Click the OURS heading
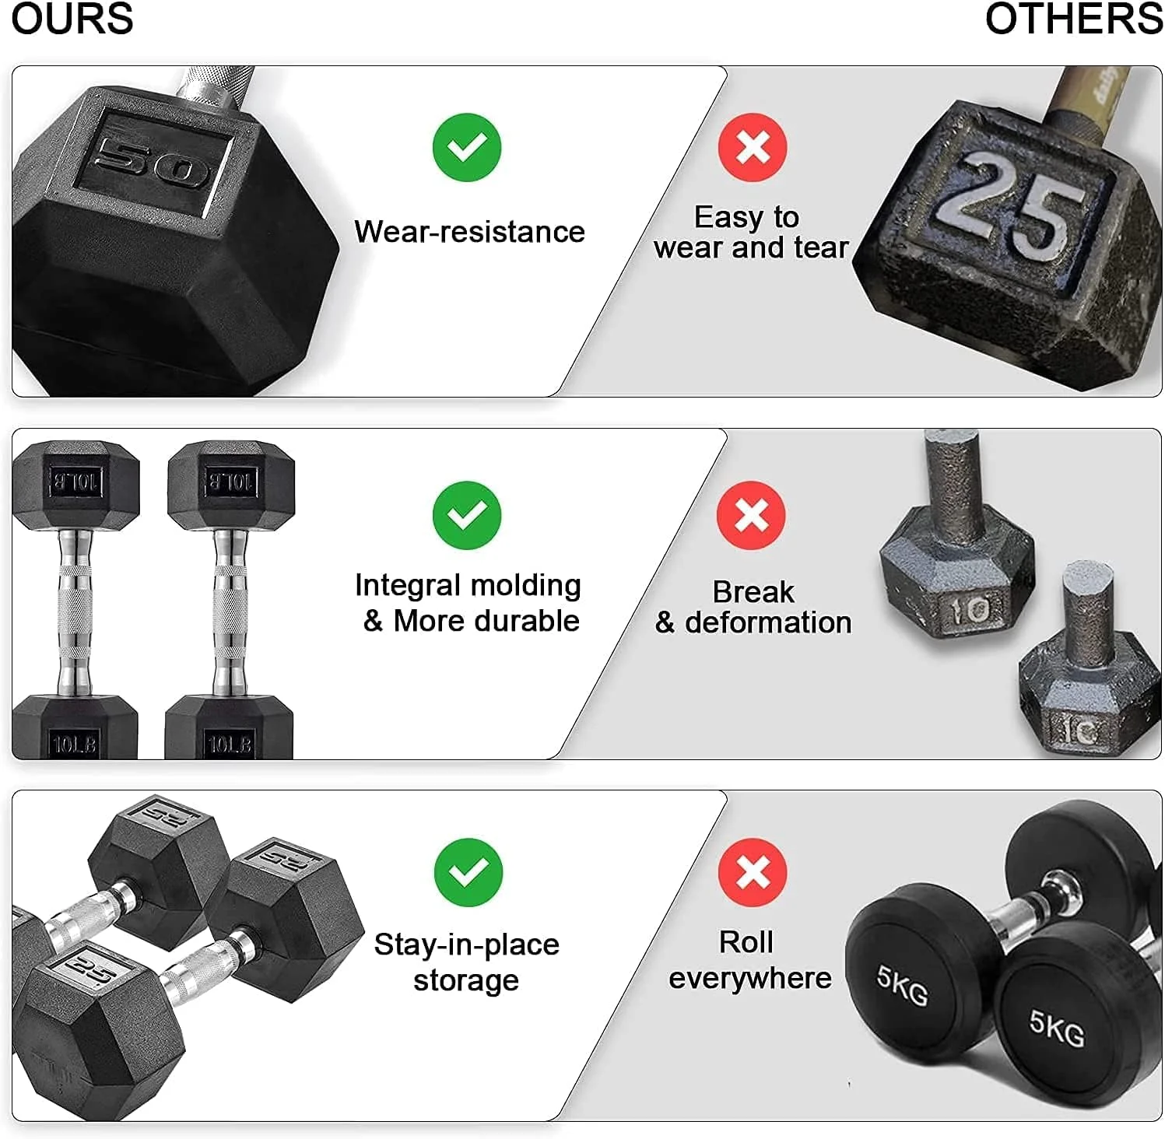72,19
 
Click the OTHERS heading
1073,19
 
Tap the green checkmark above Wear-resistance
467,147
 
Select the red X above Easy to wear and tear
753,147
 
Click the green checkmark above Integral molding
467,515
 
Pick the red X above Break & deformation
752,515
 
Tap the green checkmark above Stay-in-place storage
468,872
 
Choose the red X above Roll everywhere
753,872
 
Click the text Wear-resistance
469,232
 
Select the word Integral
405,585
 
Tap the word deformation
768,622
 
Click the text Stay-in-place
466,944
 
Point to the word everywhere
749,978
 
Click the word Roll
746,942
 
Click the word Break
753,592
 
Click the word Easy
726,217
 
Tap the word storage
465,980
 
